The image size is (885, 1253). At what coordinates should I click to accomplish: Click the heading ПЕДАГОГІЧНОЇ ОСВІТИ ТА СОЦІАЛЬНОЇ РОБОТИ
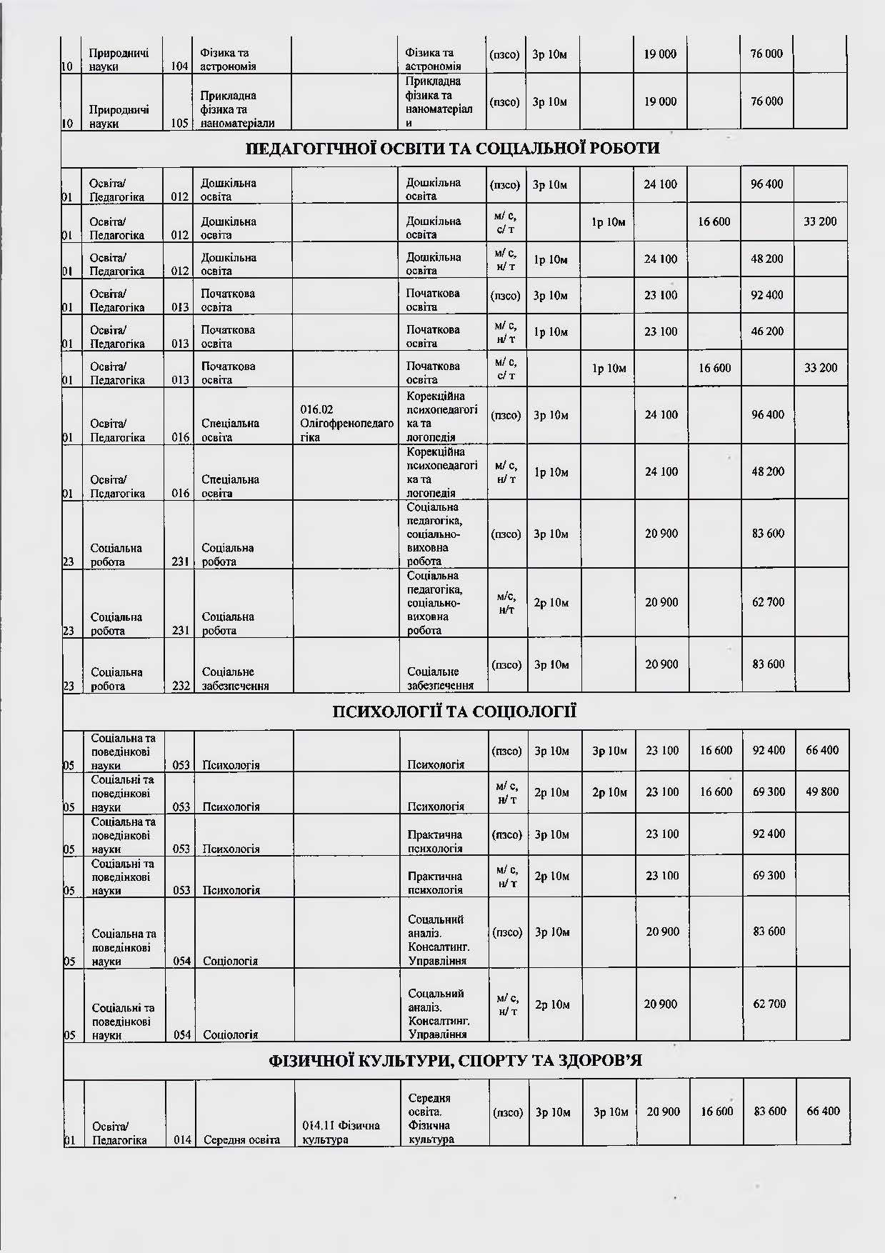[x=452, y=149]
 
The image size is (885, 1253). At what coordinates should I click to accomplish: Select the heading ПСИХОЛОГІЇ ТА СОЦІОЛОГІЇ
[x=454, y=712]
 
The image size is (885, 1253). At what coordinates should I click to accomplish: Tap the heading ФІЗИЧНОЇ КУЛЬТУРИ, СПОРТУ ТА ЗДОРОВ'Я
[x=455, y=1060]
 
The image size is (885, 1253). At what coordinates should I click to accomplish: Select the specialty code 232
[x=180, y=686]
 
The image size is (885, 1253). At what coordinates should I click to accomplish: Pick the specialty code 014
[x=183, y=1139]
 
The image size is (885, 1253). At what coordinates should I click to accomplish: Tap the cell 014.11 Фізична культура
[x=341, y=1132]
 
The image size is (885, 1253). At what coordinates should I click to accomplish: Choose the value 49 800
[x=821, y=792]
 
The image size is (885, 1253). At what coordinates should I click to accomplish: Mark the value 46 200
[x=767, y=331]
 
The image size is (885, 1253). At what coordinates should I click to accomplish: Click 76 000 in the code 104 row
[x=766, y=54]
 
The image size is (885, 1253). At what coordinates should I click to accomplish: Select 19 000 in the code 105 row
[x=660, y=101]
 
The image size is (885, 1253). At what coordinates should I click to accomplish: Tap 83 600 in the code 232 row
[x=768, y=664]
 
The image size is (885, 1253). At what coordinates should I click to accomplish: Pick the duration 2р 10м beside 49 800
[x=609, y=792]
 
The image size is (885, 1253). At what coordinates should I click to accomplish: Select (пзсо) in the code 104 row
[x=504, y=54]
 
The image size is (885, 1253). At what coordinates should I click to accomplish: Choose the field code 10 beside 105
[x=69, y=123]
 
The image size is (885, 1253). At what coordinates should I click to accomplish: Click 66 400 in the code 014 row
[x=822, y=1111]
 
